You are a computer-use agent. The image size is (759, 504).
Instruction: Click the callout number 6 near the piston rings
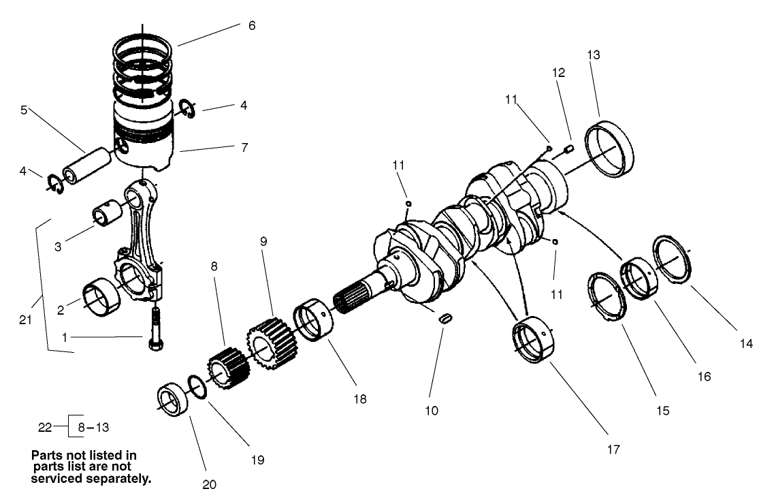tap(252, 26)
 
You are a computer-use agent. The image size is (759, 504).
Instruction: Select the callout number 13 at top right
tap(594, 56)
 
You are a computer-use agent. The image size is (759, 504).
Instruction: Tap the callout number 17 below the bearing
tap(614, 450)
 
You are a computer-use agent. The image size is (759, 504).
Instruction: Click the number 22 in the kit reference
tap(45, 428)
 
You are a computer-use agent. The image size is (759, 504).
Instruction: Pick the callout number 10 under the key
tap(432, 411)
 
